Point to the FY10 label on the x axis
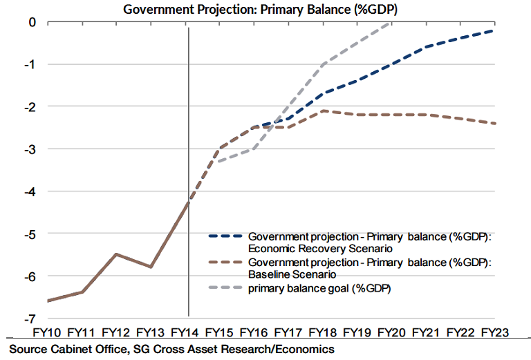click(47, 333)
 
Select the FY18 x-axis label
click(324, 333)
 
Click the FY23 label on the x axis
click(495, 333)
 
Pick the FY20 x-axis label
click(393, 333)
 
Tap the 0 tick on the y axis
click(32, 22)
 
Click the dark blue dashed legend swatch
click(226, 236)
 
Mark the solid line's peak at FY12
click(116, 254)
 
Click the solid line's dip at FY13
click(151, 267)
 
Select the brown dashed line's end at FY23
click(495, 124)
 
